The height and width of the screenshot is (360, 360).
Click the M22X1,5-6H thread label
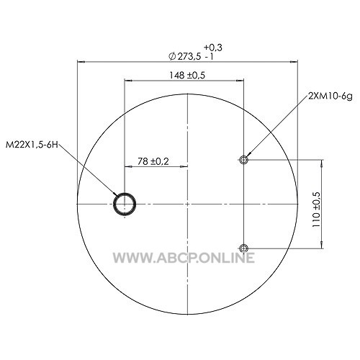tap(32, 145)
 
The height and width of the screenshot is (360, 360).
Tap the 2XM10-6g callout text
tap(330, 96)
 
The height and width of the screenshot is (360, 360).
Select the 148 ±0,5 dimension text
tap(187, 76)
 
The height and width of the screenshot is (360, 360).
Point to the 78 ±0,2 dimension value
tap(153, 161)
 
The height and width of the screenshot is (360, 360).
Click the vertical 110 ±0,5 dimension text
tap(317, 210)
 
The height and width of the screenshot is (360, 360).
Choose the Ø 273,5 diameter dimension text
tap(185, 57)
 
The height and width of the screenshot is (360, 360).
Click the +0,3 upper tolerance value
tap(213, 48)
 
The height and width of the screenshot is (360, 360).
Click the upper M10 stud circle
tap(243, 159)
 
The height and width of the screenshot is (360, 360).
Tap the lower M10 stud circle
tap(243, 248)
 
